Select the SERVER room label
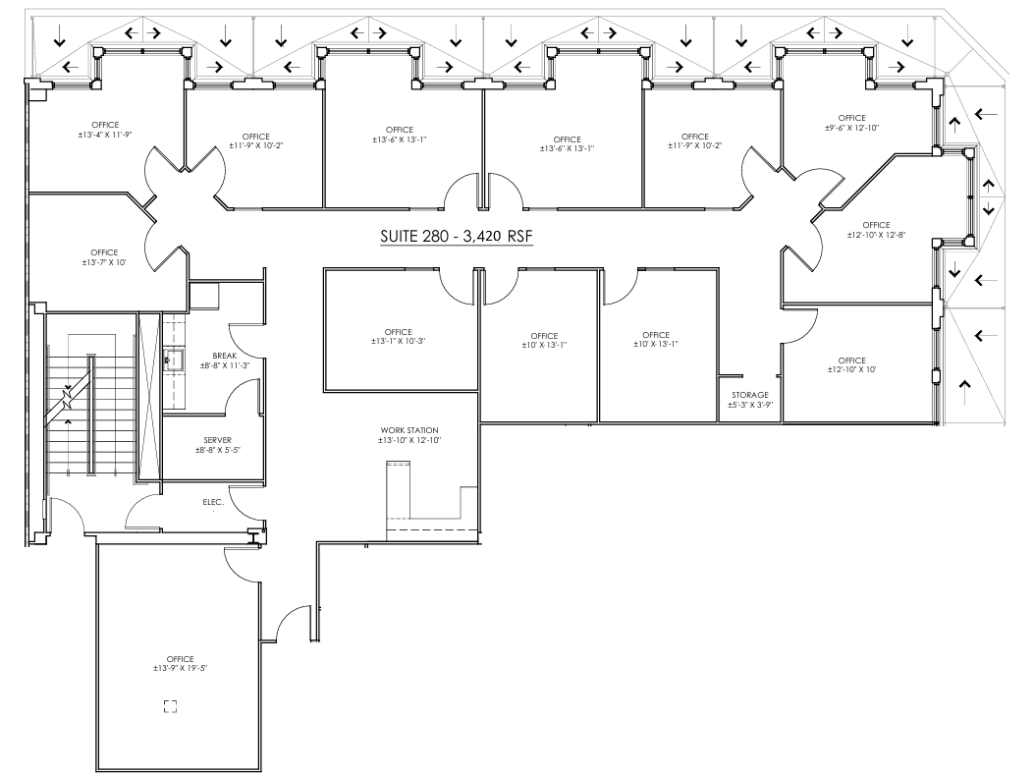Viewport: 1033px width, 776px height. (217, 439)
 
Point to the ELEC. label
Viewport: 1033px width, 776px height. (213, 502)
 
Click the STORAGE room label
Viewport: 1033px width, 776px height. (749, 395)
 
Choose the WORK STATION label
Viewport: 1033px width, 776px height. (409, 430)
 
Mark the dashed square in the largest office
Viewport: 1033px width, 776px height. (170, 705)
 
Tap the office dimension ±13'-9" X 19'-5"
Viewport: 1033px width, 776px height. (180, 668)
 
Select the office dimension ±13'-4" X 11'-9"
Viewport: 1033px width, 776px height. (105, 135)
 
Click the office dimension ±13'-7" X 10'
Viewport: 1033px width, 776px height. (104, 262)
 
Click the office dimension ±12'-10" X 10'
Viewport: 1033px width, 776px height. (851, 370)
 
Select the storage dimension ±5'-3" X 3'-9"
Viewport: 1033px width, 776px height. (749, 405)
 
